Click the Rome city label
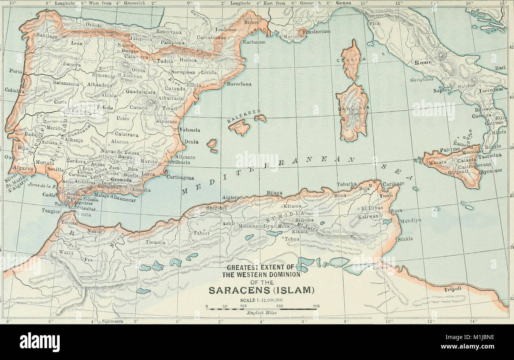(422, 63)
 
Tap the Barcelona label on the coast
(239, 84)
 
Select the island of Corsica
(351, 60)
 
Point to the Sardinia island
(352, 112)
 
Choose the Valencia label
(190, 130)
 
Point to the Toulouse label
(226, 30)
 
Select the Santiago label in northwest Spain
(47, 35)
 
